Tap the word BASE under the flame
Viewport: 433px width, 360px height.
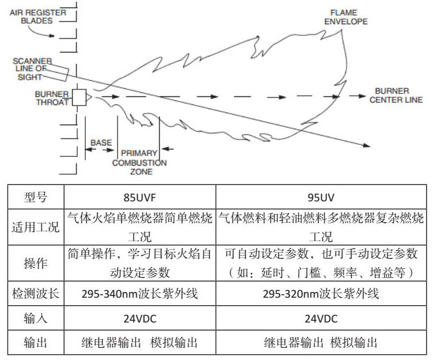[x=101, y=142]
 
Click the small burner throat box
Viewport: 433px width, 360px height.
[x=80, y=97]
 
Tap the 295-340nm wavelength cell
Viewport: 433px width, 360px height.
[x=140, y=294]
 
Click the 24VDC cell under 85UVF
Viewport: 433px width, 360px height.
[x=140, y=318]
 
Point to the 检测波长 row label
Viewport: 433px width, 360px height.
[x=35, y=294]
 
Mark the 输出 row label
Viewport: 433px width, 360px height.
[x=35, y=343]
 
